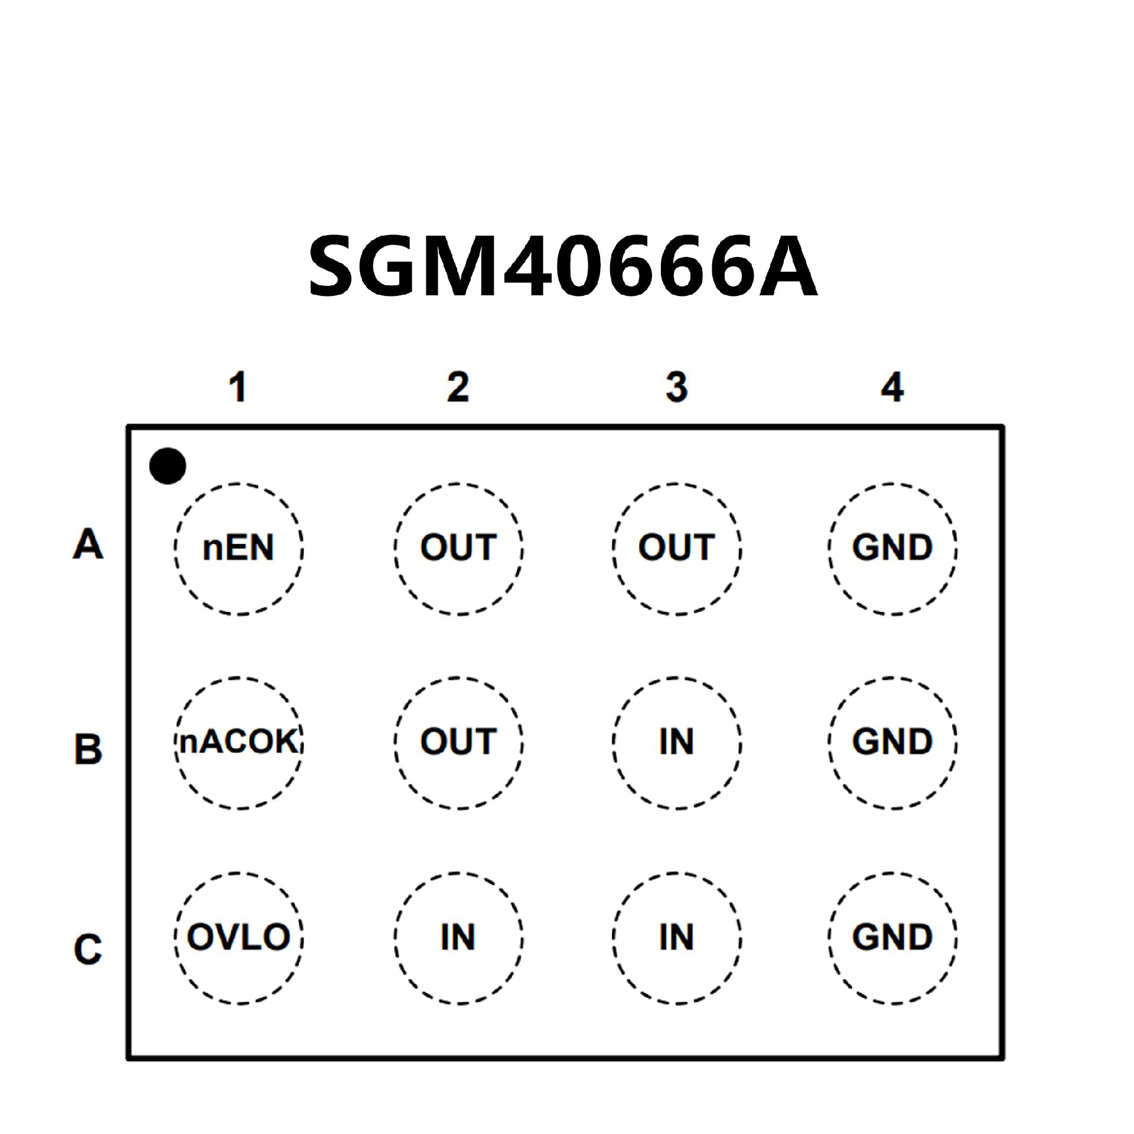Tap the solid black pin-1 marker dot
click(168, 466)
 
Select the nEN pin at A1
click(239, 548)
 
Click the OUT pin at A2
click(458, 548)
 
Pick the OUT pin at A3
click(677, 548)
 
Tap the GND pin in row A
click(892, 548)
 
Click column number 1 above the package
click(238, 387)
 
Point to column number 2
click(458, 387)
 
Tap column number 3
click(677, 387)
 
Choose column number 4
click(892, 387)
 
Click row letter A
click(88, 545)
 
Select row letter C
click(88, 949)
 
